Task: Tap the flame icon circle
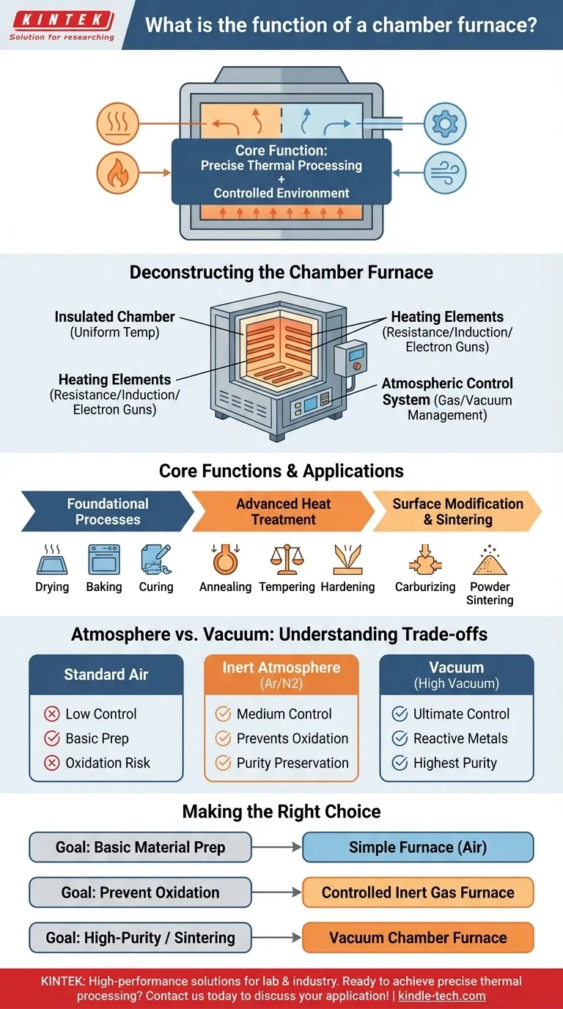[x=118, y=174]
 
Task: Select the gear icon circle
[x=445, y=123]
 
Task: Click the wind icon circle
[x=445, y=173]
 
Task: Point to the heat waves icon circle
[x=118, y=123]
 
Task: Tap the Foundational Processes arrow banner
[x=107, y=511]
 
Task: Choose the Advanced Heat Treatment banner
[x=283, y=511]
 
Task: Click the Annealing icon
[x=225, y=559]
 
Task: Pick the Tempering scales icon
[x=287, y=559]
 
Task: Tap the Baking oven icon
[x=103, y=559]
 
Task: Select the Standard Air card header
[x=106, y=675]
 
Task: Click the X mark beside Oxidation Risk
[x=52, y=763]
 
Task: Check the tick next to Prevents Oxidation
[x=223, y=738]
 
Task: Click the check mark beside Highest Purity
[x=400, y=763]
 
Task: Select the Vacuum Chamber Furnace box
[x=418, y=937]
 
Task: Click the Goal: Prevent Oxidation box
[x=140, y=892]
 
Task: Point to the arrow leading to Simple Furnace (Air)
[x=277, y=848]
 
